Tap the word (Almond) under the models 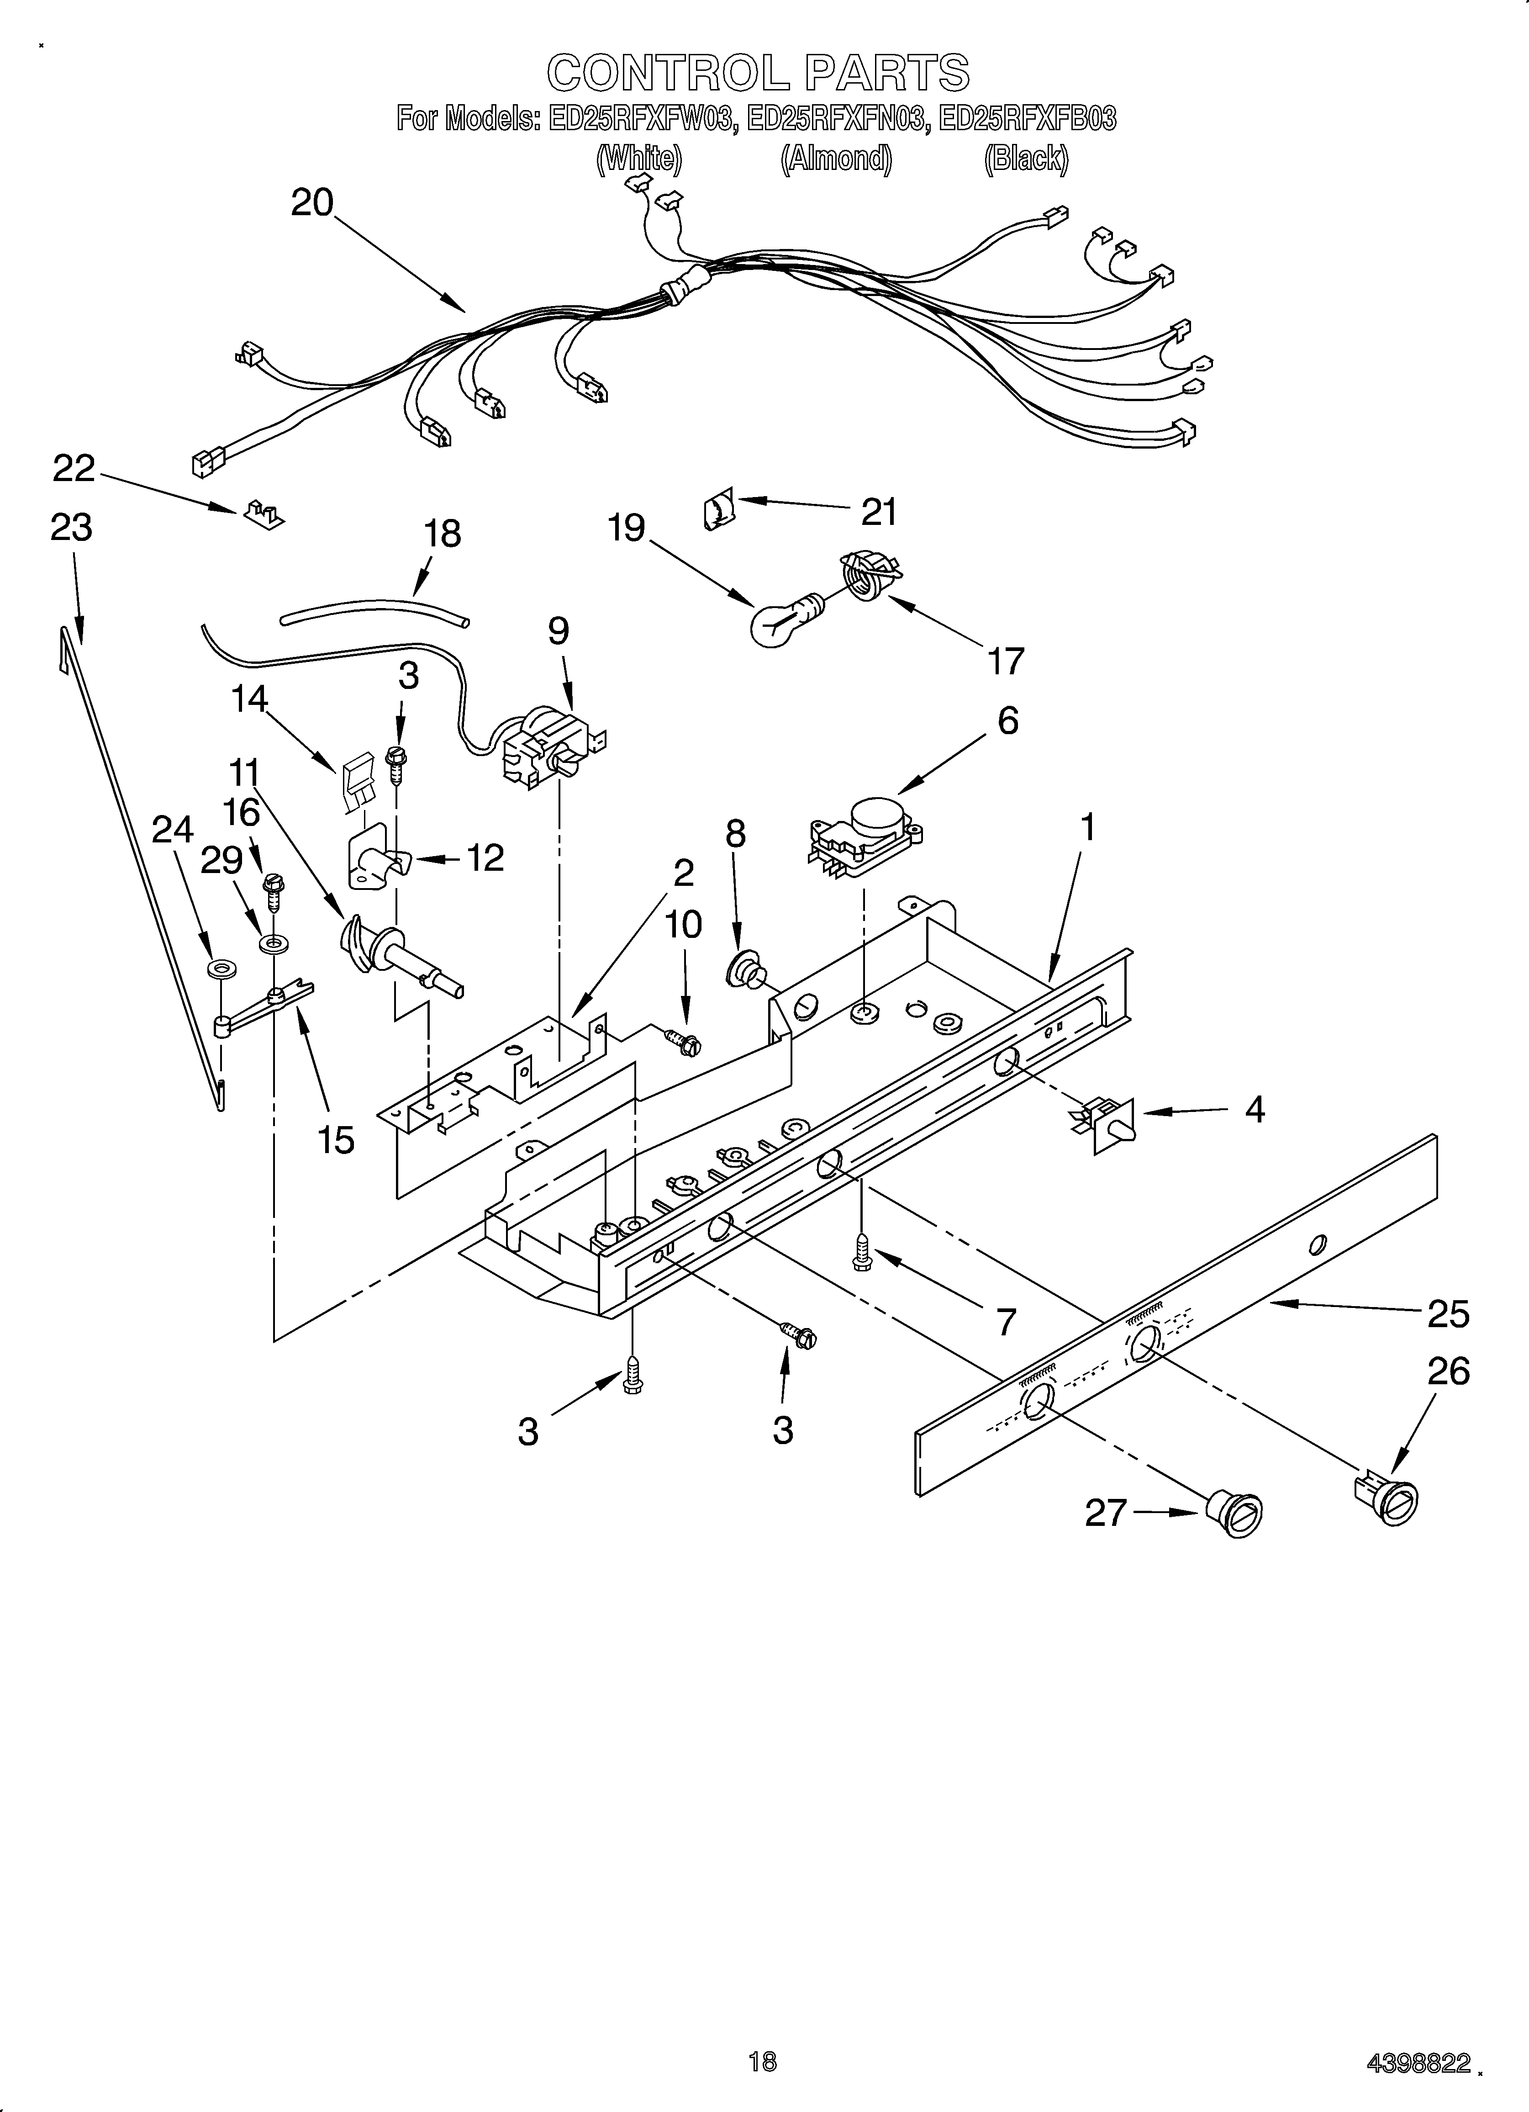(x=835, y=159)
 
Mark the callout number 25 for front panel (x=1448, y=1314)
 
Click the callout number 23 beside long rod (x=72, y=528)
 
